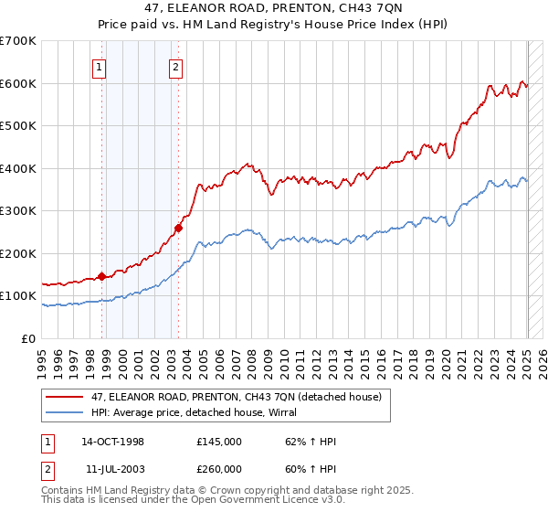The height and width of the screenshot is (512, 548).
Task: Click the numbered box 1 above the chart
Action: (98, 66)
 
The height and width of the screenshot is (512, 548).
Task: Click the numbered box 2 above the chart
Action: (174, 66)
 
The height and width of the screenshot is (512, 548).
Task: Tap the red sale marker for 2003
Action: (179, 229)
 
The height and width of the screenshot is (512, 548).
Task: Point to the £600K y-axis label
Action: (18, 83)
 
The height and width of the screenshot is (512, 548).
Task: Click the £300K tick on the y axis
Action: (18, 210)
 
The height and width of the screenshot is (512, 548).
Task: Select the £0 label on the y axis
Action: (29, 338)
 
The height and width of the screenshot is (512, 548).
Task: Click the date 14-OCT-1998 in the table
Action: (112, 442)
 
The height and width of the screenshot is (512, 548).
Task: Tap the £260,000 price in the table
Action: (218, 469)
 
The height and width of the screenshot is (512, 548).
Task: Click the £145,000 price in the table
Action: (218, 442)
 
